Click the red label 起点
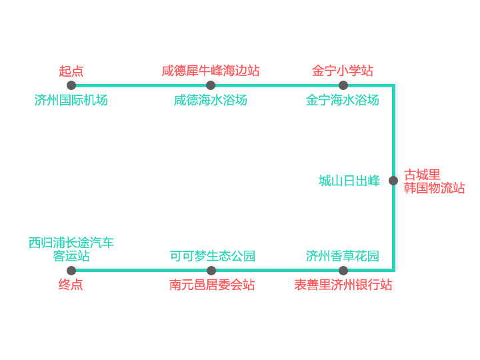pyautogui.click(x=71, y=71)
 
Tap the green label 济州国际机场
pyautogui.click(x=71, y=100)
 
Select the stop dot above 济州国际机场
pyautogui.click(x=71, y=85)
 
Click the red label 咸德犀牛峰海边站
pyautogui.click(x=211, y=71)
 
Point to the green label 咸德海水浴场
pyautogui.click(x=211, y=100)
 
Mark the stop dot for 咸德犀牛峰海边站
pyautogui.click(x=211, y=85)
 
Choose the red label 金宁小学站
pyautogui.click(x=343, y=71)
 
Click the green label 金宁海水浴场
pyautogui.click(x=343, y=100)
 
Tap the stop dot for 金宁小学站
pyautogui.click(x=343, y=85)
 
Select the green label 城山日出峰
pyautogui.click(x=349, y=181)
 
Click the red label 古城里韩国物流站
pyautogui.click(x=434, y=181)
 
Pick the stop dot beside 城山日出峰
pyautogui.click(x=393, y=181)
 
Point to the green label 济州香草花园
pyautogui.click(x=343, y=256)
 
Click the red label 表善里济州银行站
pyautogui.click(x=343, y=285)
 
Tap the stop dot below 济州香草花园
pyautogui.click(x=343, y=271)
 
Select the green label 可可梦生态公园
pyautogui.click(x=213, y=256)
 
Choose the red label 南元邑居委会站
pyautogui.click(x=212, y=285)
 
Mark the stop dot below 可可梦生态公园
pyautogui.click(x=211, y=271)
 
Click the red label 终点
pyautogui.click(x=71, y=285)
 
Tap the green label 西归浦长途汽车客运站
pyautogui.click(x=71, y=249)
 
